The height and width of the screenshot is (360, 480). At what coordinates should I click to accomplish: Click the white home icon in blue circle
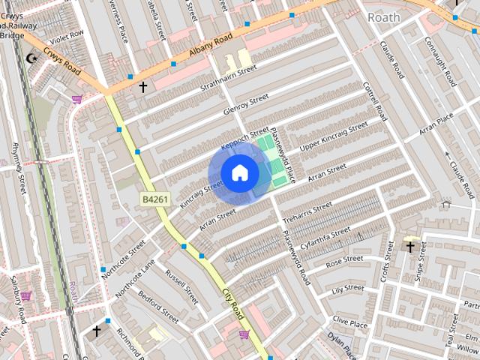239,173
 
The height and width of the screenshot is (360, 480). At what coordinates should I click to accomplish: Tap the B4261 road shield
155,199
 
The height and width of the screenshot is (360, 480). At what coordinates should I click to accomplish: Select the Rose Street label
344,262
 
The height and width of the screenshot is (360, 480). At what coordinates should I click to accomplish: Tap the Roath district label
383,16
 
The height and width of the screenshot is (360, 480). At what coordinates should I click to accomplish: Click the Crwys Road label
61,61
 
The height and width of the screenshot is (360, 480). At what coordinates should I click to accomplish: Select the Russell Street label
181,286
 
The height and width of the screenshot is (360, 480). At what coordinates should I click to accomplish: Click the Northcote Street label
124,257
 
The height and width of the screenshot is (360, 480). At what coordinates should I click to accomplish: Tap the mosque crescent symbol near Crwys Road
31,58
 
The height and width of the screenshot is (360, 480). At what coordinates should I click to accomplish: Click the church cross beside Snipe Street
410,246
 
